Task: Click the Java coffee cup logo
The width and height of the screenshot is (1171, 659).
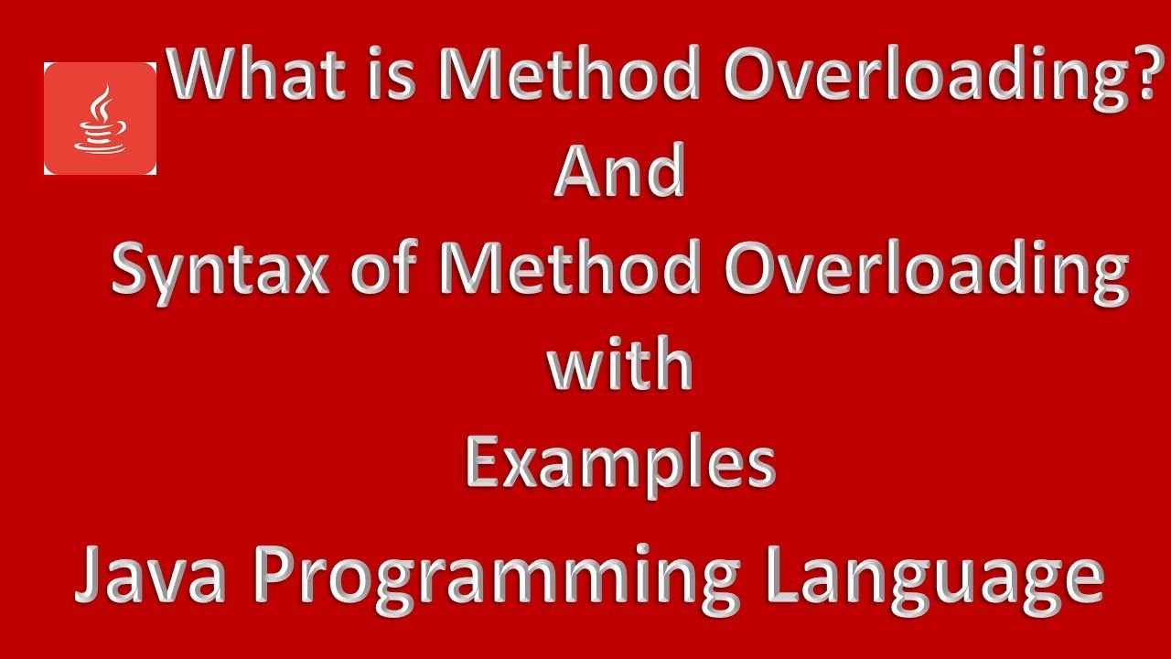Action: click(x=100, y=119)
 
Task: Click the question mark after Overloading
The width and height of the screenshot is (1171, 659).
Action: click(x=1138, y=75)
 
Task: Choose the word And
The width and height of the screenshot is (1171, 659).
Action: click(x=619, y=173)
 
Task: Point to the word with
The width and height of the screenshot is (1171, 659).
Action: click(x=619, y=365)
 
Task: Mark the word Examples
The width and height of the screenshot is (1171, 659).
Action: click(x=619, y=465)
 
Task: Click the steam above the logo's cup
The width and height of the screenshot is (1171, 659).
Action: click(x=102, y=102)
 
